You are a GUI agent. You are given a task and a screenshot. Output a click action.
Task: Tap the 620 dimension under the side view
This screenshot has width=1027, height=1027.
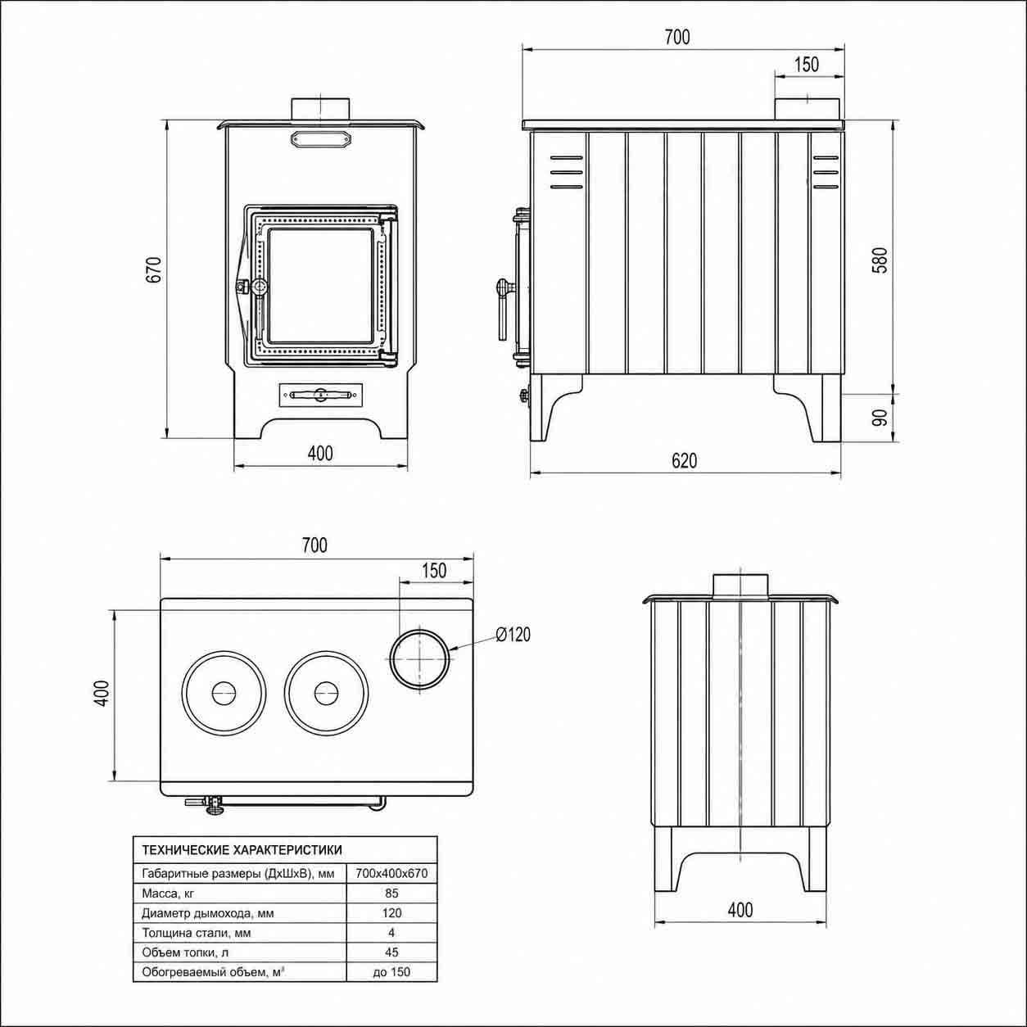point(685,460)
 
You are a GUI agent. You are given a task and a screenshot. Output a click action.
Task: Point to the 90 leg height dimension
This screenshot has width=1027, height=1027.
point(880,418)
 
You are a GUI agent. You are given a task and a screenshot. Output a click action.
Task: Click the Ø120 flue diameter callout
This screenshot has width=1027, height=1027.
point(513,634)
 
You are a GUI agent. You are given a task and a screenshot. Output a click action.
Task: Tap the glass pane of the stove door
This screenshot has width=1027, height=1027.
point(320,286)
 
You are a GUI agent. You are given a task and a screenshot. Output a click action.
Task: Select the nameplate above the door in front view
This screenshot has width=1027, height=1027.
point(321,139)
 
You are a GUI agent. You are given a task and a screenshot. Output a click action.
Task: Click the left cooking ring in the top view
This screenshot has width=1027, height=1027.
point(224,693)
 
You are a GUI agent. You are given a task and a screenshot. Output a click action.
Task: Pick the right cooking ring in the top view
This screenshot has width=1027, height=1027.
point(326,693)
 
